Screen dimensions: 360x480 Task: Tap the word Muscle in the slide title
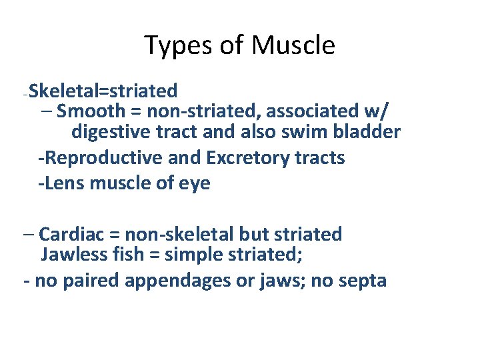pos(293,46)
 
